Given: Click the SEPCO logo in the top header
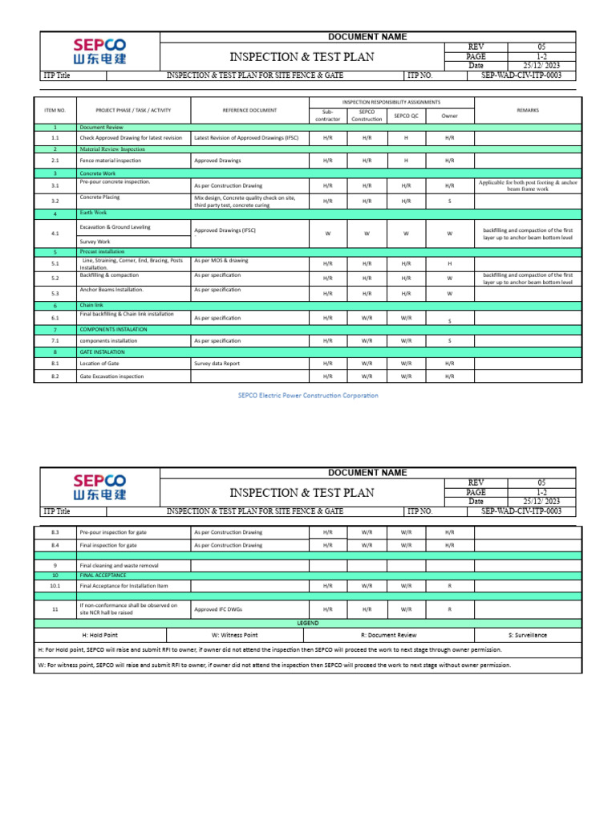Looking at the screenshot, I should pyautogui.click(x=100, y=51).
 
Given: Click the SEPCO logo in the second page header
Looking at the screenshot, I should pyautogui.click(x=100, y=486).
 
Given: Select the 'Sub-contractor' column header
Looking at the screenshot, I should pyautogui.click(x=327, y=116).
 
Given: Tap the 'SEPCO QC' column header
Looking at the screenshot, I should pyautogui.click(x=406, y=116).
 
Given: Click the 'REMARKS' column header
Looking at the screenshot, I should pyautogui.click(x=527, y=110).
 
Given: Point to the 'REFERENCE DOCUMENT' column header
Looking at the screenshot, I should pyautogui.click(x=249, y=110).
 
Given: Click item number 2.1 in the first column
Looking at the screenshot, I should pyautogui.click(x=55, y=161).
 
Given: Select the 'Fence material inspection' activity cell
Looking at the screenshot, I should pyautogui.click(x=111, y=161).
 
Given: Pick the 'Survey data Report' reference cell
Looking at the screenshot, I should pyautogui.click(x=217, y=363).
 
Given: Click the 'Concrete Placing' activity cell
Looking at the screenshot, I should pyautogui.click(x=100, y=197).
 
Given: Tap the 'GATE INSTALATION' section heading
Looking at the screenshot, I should pyautogui.click(x=102, y=352).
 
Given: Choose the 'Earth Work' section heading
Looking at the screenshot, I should pyautogui.click(x=93, y=213).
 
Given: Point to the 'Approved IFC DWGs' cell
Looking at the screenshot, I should pyautogui.click(x=217, y=609).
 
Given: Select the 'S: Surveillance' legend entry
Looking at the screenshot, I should pyautogui.click(x=527, y=635).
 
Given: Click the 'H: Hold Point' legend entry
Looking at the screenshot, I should pyautogui.click(x=106, y=635).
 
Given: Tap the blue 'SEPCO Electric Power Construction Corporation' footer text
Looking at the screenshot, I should pyautogui.click(x=308, y=395).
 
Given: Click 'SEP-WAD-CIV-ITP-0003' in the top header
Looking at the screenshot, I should pyautogui.click(x=521, y=75).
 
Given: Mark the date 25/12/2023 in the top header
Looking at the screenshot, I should pyautogui.click(x=541, y=66).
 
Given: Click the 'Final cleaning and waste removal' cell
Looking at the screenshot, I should pyautogui.click(x=120, y=565).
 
